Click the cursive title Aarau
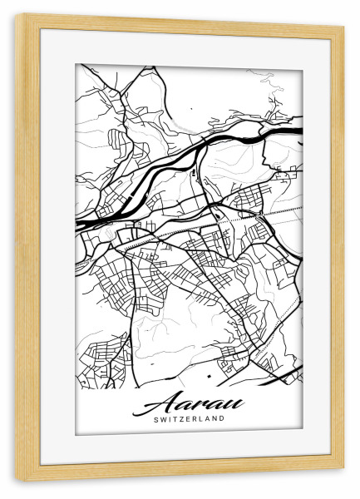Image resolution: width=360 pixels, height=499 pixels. coord(190,403)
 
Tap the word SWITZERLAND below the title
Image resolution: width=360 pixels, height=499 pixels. coord(190,419)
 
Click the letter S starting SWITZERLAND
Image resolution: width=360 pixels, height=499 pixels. coord(156,419)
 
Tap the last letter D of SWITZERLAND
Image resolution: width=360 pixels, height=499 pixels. coord(222,419)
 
